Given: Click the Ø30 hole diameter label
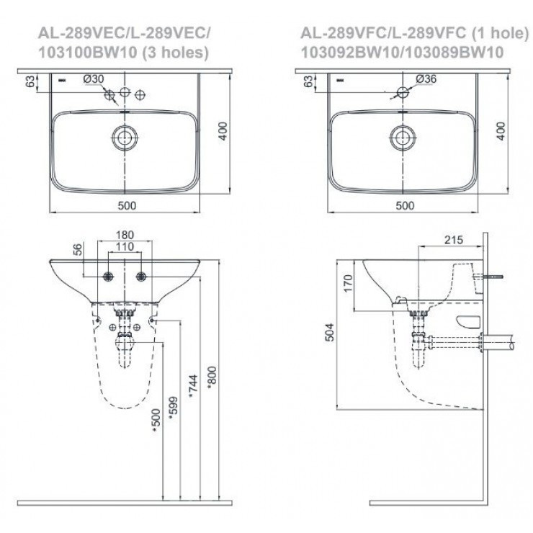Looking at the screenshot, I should tap(94, 79).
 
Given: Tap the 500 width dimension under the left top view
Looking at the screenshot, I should tap(127, 205).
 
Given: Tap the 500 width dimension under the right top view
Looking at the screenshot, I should tap(406, 205).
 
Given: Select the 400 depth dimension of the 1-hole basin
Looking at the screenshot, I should tap(502, 131).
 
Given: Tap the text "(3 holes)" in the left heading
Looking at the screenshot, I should tap(174, 52).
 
